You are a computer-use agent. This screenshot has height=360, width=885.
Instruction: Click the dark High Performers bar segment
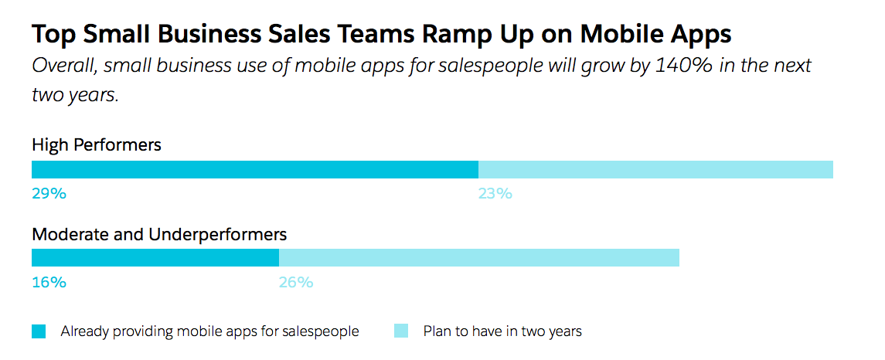[x=255, y=170]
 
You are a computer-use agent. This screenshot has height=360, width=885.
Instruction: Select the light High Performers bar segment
[x=655, y=170]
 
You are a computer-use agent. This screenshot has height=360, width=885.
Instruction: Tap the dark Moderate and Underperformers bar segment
[x=155, y=258]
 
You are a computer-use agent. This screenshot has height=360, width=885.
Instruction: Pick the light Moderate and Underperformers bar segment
[x=478, y=258]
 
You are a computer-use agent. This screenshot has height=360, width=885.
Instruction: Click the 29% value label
[x=49, y=194]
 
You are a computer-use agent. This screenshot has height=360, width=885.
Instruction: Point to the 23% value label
[x=495, y=194]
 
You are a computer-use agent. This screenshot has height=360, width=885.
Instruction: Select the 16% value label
[x=49, y=282]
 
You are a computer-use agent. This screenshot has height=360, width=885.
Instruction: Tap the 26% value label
[x=295, y=282]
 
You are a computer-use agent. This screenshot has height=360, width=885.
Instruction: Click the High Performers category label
[x=97, y=144]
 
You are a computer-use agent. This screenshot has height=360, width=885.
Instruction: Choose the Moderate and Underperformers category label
[x=159, y=233]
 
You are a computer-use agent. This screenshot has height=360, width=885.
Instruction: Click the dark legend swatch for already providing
[x=39, y=331]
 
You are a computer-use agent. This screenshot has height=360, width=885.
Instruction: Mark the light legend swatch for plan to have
[x=400, y=331]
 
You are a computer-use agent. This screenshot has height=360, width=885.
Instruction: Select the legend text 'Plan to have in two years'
[x=502, y=331]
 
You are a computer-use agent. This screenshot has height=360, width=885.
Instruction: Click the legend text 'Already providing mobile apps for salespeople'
[x=209, y=331]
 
